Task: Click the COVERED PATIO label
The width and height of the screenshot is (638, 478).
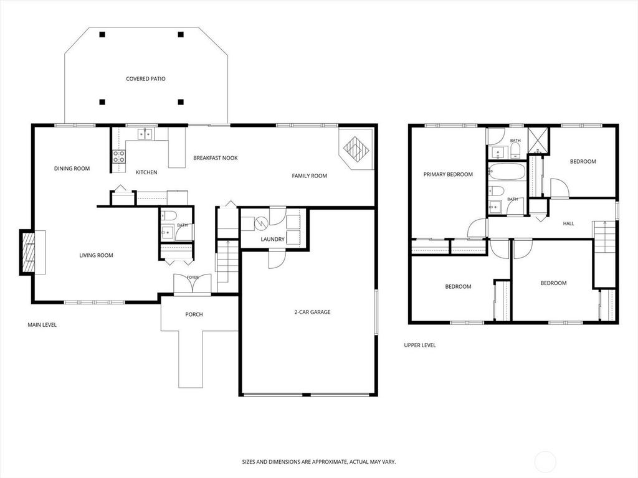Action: (146, 79)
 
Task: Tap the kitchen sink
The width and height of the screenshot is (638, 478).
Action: (145, 134)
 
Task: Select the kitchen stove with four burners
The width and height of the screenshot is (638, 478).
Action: (119, 156)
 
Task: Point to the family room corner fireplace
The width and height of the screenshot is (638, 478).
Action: (356, 149)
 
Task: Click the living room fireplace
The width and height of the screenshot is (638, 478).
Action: (32, 253)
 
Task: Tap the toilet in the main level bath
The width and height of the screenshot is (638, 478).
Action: (168, 215)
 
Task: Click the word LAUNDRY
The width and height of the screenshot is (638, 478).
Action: (273, 240)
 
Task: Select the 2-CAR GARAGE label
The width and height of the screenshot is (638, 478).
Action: (312, 312)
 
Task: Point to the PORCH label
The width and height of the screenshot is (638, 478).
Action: (194, 314)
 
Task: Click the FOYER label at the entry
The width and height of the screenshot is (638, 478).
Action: (193, 278)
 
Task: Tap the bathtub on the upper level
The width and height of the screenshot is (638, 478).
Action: (507, 172)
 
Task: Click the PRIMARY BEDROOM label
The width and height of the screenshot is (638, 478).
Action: (448, 175)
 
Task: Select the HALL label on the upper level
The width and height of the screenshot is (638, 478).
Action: (568, 223)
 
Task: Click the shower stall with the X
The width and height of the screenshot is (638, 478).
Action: (538, 140)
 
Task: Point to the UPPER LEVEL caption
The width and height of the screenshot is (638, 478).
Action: (420, 345)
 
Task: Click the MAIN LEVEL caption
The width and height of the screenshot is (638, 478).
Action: (42, 325)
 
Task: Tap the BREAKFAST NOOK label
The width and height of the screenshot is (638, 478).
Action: (215, 158)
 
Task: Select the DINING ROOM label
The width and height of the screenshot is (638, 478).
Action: (72, 169)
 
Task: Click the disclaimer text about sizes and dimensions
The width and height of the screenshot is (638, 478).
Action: (319, 462)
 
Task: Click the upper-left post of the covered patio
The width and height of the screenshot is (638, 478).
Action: (102, 35)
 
